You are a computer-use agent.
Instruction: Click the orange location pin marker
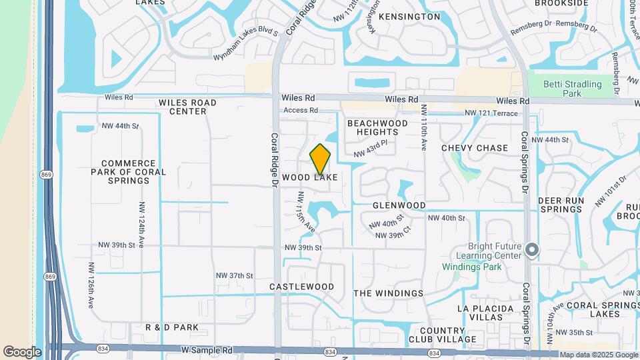pos(321,159)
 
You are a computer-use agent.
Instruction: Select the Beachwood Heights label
pos(377,128)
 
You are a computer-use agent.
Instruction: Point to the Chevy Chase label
pos(475,148)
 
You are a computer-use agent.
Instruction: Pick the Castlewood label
pos(301,287)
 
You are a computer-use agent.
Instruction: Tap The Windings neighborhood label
pos(388,293)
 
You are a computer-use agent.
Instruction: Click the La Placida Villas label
pos(485,313)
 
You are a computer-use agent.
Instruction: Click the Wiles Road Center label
pos(187,107)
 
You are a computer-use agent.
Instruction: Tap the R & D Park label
pos(172,327)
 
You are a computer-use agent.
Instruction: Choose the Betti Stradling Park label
pos(572,89)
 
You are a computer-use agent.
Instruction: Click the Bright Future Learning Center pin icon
pos(531,251)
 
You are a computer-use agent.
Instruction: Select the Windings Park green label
pos(472,267)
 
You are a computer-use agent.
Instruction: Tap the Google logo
pos(22,351)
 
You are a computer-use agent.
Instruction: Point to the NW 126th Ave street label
pos(91,285)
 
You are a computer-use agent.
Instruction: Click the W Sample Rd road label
pos(205,349)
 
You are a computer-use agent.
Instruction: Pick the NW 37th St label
pos(234,275)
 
